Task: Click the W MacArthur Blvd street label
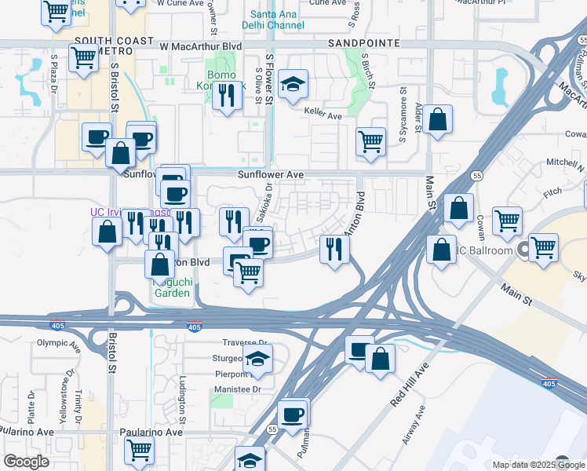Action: (x=200, y=46)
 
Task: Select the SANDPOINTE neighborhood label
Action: (x=363, y=42)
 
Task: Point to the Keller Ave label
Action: (x=324, y=116)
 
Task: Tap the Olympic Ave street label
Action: (x=59, y=343)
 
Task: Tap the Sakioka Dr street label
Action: (x=265, y=203)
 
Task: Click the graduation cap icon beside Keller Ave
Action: (x=293, y=85)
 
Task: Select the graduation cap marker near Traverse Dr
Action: (x=256, y=360)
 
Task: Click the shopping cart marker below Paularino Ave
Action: (x=139, y=451)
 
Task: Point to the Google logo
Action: (x=26, y=462)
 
